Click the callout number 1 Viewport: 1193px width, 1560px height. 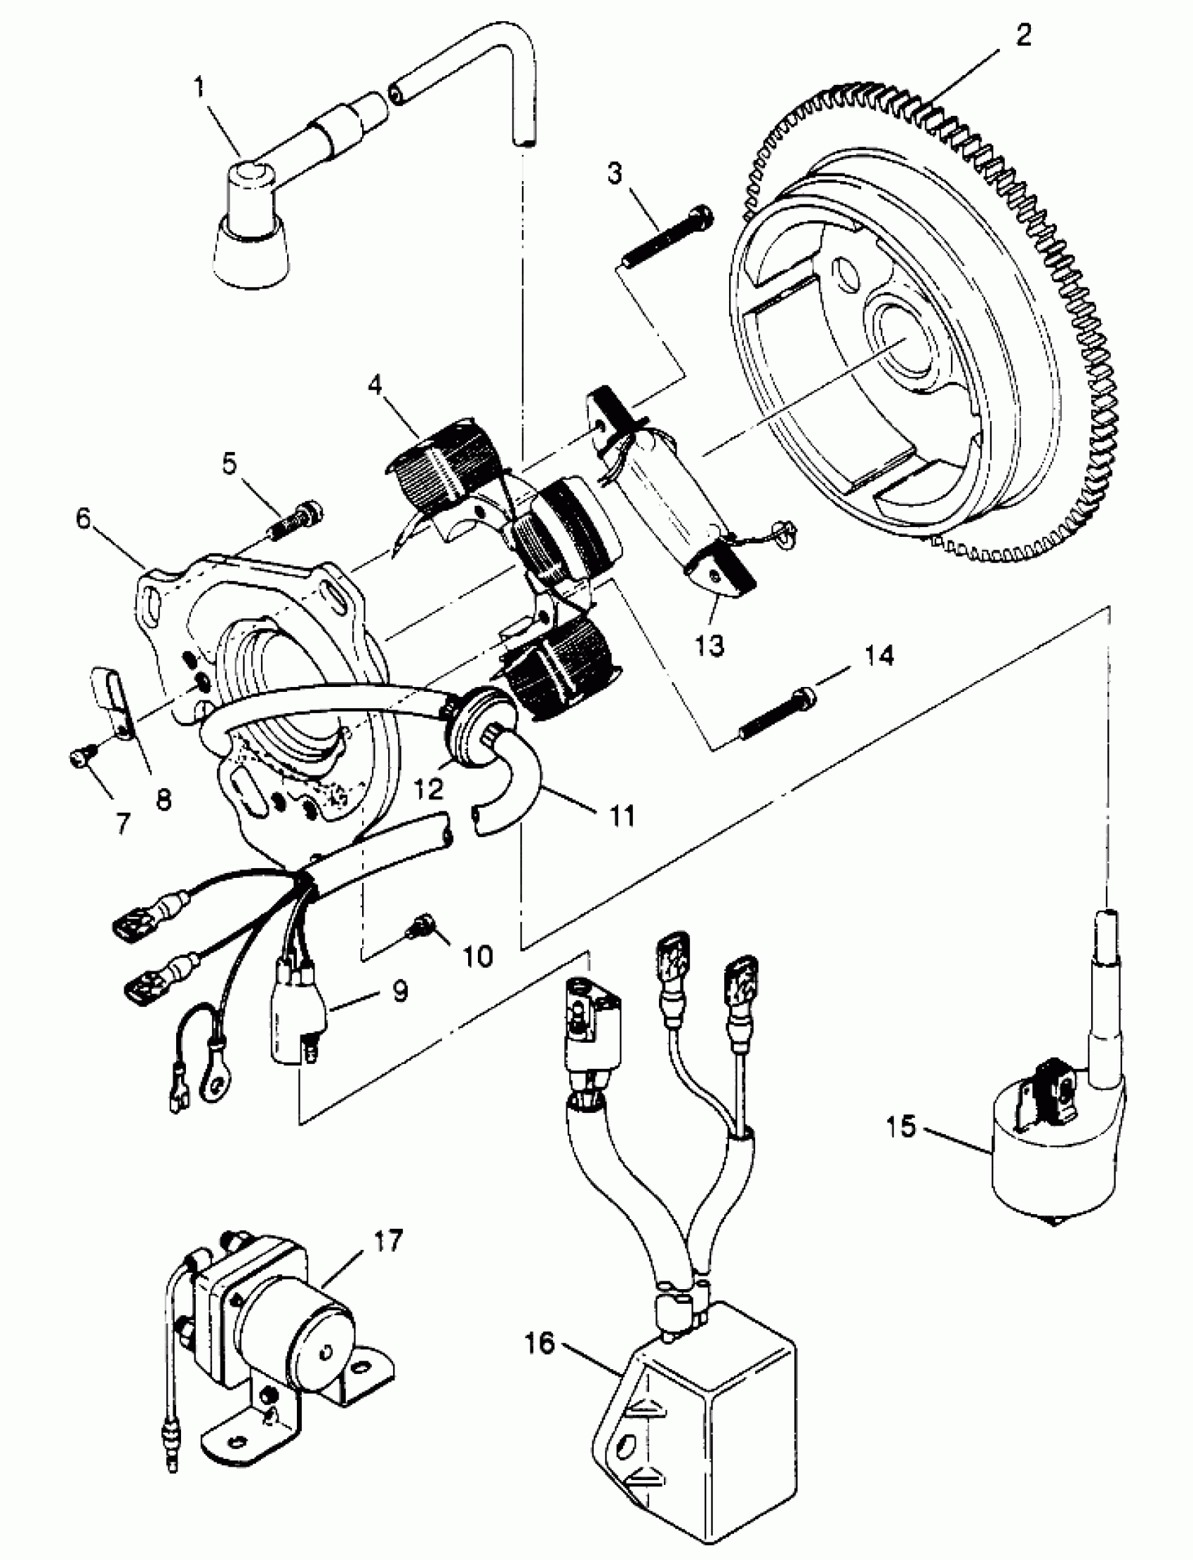[199, 88]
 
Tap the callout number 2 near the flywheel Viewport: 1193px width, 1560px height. [1023, 35]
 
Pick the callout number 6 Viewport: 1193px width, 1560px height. [84, 519]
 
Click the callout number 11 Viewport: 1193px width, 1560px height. [622, 816]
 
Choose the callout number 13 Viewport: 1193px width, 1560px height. [709, 646]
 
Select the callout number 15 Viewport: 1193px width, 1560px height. [901, 1126]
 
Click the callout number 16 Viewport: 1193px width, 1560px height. [540, 1342]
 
